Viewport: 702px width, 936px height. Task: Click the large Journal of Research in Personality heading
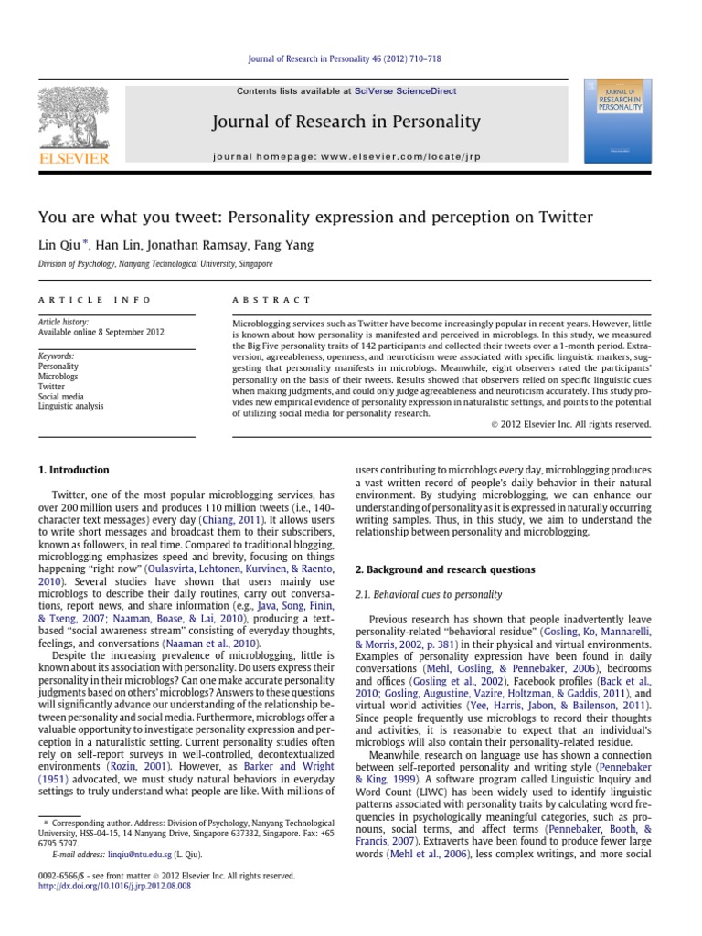tap(346, 122)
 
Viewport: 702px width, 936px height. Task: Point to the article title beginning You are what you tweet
tap(315, 218)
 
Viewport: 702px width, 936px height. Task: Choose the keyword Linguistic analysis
tap(70, 406)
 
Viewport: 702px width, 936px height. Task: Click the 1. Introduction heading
tap(73, 470)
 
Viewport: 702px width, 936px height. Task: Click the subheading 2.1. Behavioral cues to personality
tap(428, 595)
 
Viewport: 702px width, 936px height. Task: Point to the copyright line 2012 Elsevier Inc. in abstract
tap(570, 424)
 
